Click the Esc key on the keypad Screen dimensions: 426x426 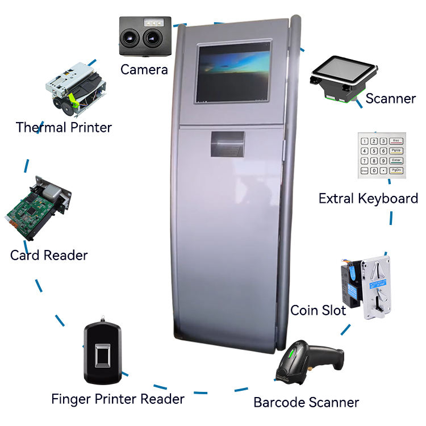tap(397, 141)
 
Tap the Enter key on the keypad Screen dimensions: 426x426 tap(397, 160)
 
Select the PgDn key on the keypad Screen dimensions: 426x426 tap(397, 170)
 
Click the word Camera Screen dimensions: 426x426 tap(144, 70)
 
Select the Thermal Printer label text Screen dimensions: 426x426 tap(64, 127)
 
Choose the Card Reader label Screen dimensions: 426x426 tap(49, 256)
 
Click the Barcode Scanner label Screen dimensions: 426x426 tap(306, 403)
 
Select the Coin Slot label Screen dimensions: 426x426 tap(318, 311)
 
